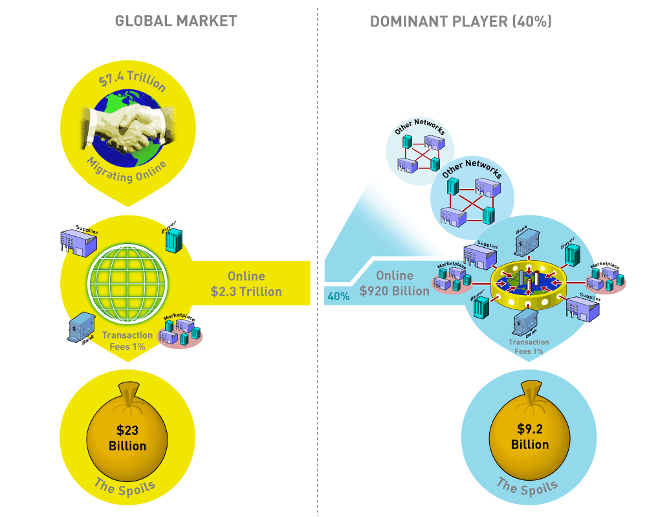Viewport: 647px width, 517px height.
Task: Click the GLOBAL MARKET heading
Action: [176, 21]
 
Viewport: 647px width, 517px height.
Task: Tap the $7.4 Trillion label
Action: [133, 82]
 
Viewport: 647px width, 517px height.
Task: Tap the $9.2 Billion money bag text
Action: [529, 436]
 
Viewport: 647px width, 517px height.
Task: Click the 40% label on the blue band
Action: [338, 296]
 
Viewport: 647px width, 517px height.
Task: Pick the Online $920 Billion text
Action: [395, 283]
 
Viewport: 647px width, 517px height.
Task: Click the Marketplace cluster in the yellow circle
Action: [181, 332]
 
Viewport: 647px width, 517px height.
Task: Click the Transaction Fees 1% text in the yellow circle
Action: [127, 340]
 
